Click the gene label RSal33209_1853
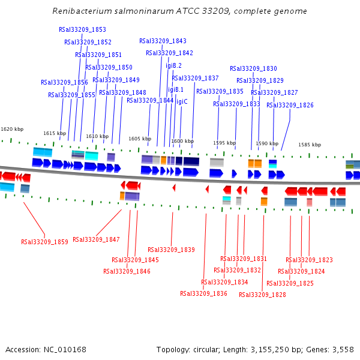point(83,29)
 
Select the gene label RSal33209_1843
point(163,41)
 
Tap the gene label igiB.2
point(173,65)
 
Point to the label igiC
point(182,101)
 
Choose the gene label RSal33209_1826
point(290,105)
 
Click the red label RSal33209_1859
point(44,242)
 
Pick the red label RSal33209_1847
point(96,239)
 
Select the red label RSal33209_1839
point(171,250)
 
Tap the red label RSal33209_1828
point(262,295)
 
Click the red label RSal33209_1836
point(203,293)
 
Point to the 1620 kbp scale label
point(12,129)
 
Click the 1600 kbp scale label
point(182,142)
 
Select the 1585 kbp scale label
point(310,145)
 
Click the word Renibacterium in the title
point(82,11)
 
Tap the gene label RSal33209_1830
point(253,68)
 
